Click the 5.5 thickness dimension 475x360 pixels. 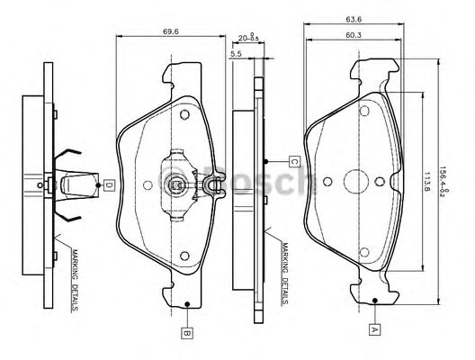click(x=236, y=55)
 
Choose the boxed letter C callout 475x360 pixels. click(x=294, y=161)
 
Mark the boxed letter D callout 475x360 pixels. click(x=107, y=185)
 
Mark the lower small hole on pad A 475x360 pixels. click(x=365, y=253)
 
